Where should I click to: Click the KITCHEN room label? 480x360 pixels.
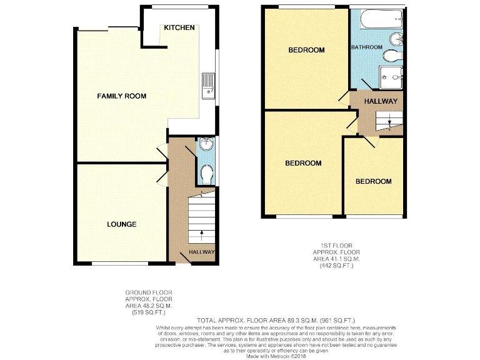(179, 28)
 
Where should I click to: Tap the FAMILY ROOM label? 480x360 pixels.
(121, 96)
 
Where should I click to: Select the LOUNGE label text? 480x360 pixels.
(121, 224)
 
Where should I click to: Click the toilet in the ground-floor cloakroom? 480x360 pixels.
(206, 173)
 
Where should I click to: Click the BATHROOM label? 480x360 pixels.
(366, 47)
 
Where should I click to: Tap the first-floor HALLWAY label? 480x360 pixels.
(381, 101)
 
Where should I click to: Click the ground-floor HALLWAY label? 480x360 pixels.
(201, 252)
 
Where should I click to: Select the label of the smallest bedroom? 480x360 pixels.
(373, 182)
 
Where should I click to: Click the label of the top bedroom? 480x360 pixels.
(306, 50)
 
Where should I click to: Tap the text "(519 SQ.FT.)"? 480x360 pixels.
(148, 312)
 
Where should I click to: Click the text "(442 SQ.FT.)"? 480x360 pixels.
(336, 266)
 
